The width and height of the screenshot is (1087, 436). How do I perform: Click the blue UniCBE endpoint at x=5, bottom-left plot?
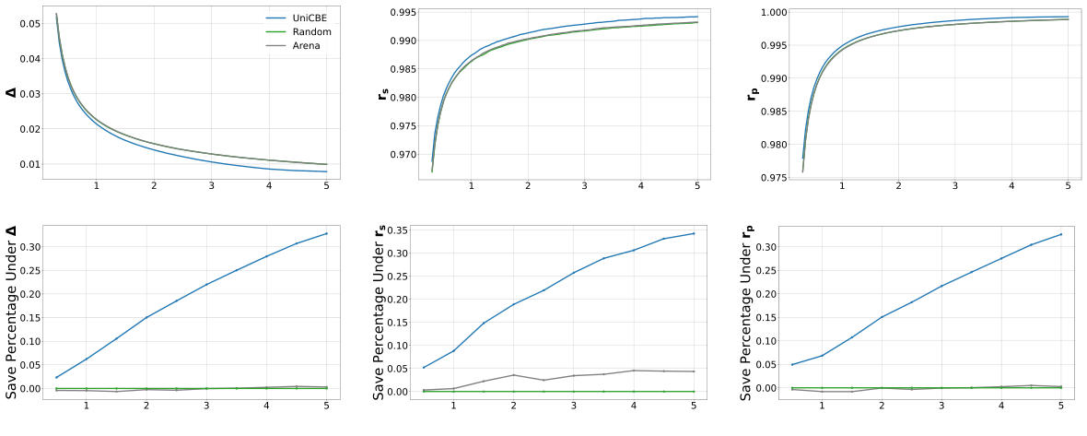(x=326, y=233)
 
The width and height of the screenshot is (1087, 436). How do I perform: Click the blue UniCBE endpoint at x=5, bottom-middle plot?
(x=694, y=233)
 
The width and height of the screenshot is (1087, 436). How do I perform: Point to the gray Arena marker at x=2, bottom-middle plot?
(x=513, y=375)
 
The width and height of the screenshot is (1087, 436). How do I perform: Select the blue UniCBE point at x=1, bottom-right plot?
(x=822, y=356)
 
